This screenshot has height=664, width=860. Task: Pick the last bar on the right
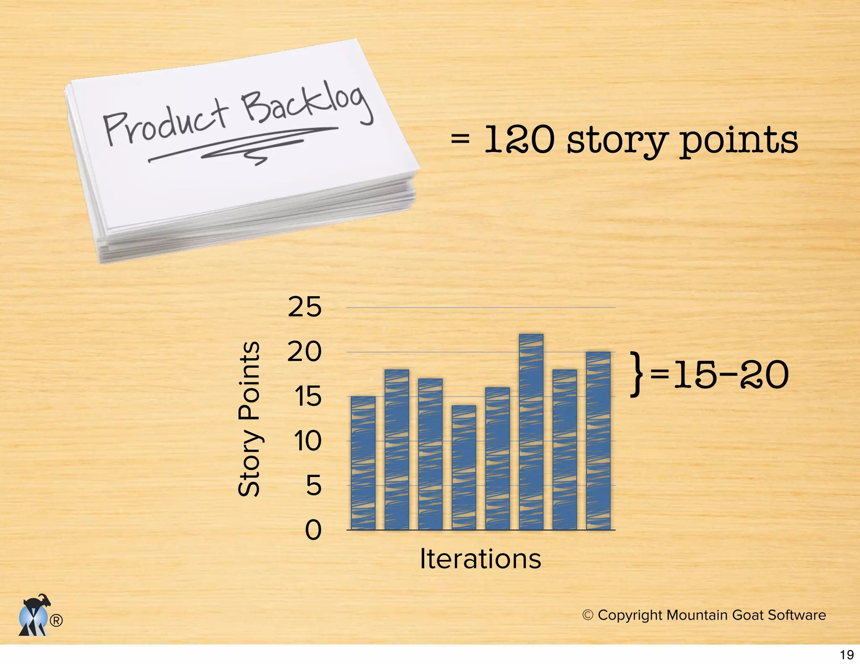click(598, 440)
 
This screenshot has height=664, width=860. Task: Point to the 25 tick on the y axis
click(304, 307)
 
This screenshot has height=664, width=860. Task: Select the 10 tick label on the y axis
click(307, 441)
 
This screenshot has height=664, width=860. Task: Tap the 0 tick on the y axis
click(313, 530)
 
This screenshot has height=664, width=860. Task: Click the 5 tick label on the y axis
click(313, 486)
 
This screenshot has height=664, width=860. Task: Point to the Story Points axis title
click(249, 419)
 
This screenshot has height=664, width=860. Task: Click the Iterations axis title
click(480, 559)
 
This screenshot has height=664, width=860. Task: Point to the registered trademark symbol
click(56, 620)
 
